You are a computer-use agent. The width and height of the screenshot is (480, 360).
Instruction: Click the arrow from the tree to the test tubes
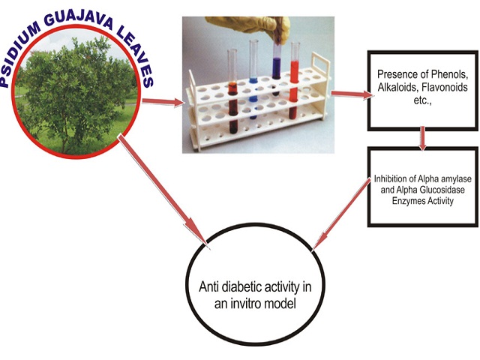coord(163,102)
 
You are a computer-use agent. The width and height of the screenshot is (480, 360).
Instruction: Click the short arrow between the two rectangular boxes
coord(423,139)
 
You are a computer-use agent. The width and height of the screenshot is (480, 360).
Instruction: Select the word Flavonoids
coord(445,87)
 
